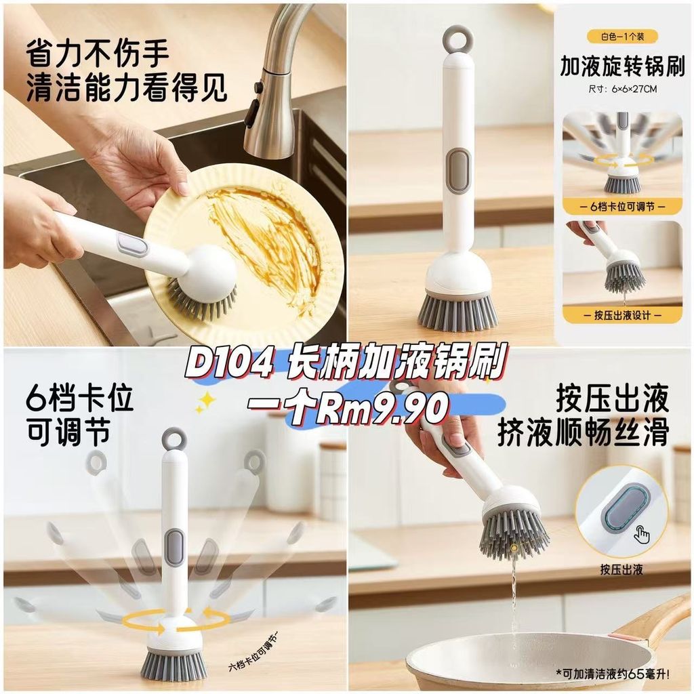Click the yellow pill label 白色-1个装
pos(623,37)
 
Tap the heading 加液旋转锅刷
pos(622,66)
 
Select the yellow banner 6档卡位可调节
pos(622,207)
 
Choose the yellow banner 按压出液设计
pos(622,315)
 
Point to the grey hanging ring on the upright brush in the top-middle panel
pos(459,39)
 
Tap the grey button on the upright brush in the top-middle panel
pos(458,170)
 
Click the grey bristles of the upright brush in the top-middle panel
pos(457,314)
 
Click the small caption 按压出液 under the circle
pos(621,570)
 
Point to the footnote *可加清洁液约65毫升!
pos(613,674)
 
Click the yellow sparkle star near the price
pos(206,400)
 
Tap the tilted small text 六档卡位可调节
pos(254,653)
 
